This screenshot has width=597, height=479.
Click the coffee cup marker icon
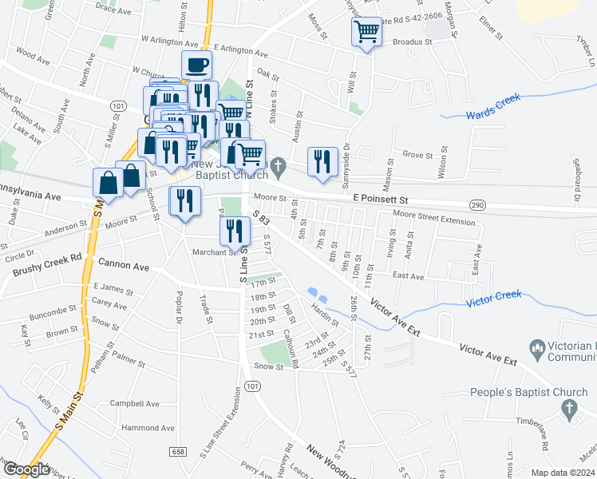[x=196, y=65]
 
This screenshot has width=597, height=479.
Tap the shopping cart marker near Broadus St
[x=366, y=33]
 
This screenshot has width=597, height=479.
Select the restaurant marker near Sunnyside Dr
[x=322, y=161]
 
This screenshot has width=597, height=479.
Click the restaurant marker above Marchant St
[x=235, y=231]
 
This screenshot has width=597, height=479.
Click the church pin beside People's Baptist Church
[x=569, y=408]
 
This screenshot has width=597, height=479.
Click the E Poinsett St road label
[x=380, y=199]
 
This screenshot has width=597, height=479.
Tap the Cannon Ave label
[x=124, y=263]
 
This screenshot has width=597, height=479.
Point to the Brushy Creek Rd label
[x=47, y=264]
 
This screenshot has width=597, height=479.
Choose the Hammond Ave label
[x=148, y=428]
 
